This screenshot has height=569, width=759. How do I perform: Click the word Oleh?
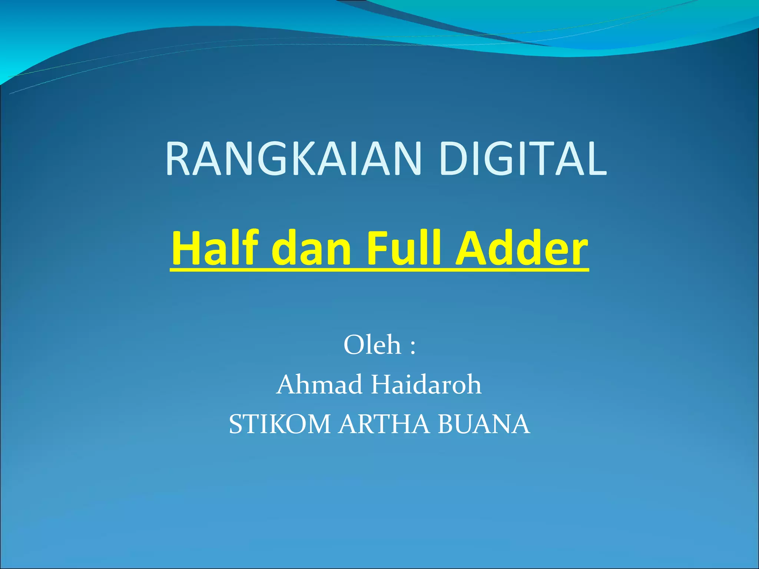coord(372,345)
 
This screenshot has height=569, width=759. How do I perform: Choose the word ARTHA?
coord(384,425)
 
